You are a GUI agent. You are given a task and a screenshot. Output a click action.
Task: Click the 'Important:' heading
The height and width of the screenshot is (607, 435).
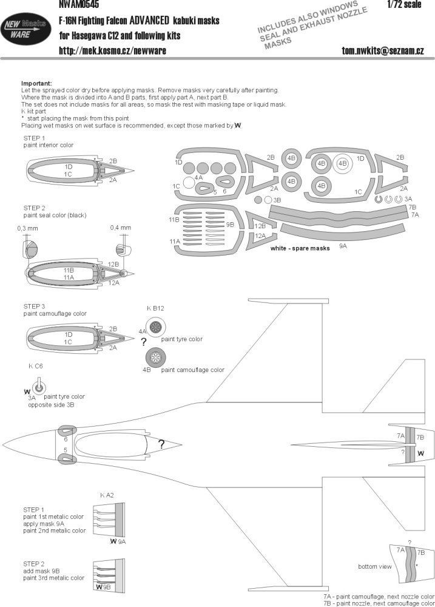pos(36,83)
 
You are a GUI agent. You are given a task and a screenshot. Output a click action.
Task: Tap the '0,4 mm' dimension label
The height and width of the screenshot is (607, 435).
pos(121,228)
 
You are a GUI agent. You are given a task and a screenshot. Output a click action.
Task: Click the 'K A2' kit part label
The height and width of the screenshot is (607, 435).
pos(106,495)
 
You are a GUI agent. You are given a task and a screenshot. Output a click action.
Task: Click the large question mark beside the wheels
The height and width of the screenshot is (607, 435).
pos(144,342)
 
